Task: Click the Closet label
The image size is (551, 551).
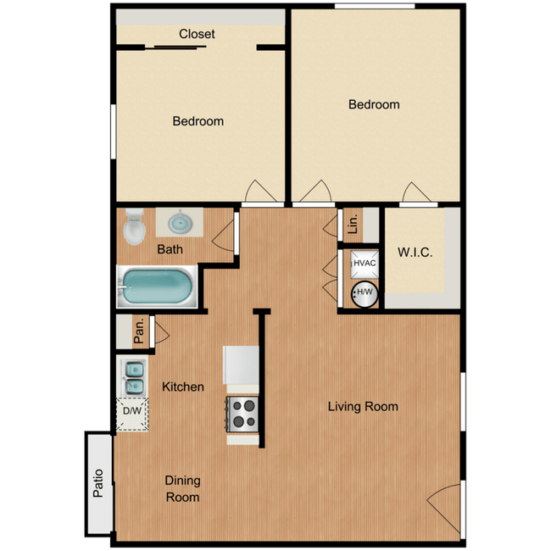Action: [x=197, y=34]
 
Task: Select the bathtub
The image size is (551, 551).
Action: [x=158, y=288]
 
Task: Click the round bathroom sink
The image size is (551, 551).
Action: [x=179, y=223]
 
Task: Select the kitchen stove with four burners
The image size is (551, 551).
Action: [x=243, y=415]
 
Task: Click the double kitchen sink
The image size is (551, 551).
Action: [x=133, y=377]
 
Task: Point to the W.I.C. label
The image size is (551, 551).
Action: [x=415, y=253]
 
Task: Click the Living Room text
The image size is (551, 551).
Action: [x=363, y=407]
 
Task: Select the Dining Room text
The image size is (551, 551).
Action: [x=182, y=489]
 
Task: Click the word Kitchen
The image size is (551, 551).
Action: [x=183, y=387]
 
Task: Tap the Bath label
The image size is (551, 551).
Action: [x=170, y=250]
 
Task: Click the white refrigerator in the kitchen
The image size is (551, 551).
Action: [x=241, y=365]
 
